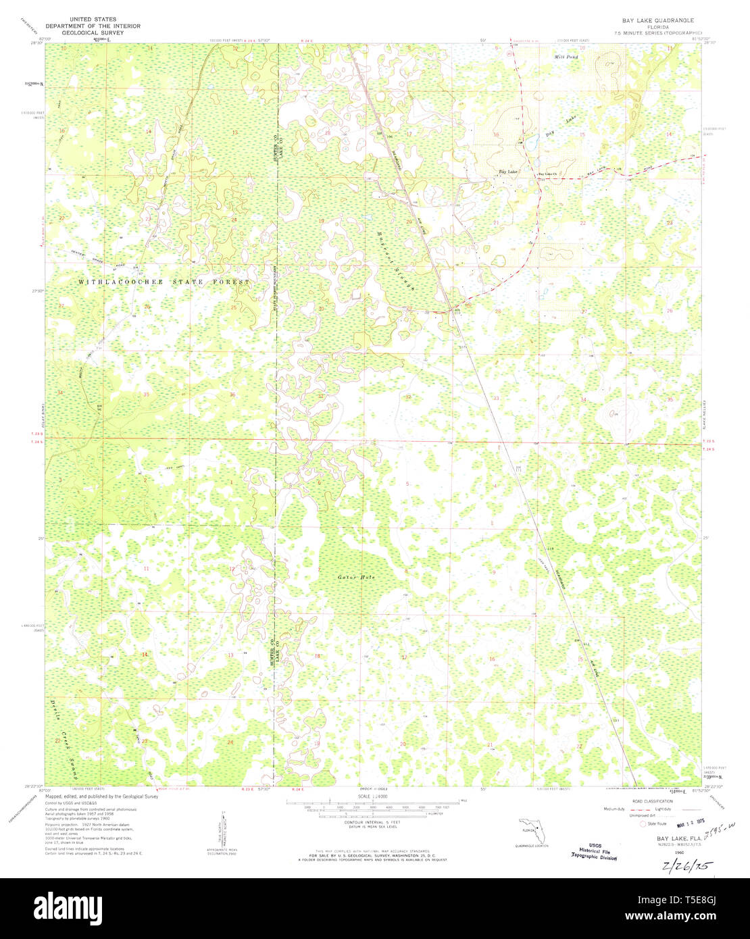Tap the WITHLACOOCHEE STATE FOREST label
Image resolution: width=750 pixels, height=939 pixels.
(x=164, y=282)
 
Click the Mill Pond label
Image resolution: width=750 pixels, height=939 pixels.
(x=566, y=57)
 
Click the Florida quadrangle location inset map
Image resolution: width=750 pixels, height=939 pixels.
(x=528, y=829)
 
